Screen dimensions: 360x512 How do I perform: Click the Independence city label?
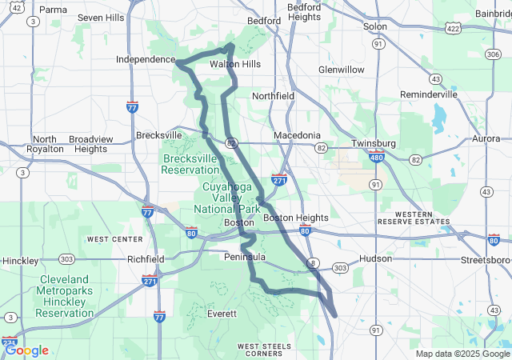(x=145, y=59)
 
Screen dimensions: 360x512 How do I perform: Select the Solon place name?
(x=374, y=26)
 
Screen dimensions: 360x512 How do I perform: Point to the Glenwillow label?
(x=342, y=70)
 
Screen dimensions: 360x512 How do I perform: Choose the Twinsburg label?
(x=374, y=143)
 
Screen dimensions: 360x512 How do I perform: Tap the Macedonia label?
(x=297, y=135)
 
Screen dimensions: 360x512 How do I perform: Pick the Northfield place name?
(x=273, y=96)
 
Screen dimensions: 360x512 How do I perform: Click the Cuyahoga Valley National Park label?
(x=226, y=198)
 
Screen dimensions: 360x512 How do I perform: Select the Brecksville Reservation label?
(x=190, y=164)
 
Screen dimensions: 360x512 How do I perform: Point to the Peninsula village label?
(x=245, y=258)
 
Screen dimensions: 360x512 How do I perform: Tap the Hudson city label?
(x=376, y=259)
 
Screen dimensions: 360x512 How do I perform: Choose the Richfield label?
(x=146, y=259)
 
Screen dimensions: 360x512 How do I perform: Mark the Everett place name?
(x=222, y=314)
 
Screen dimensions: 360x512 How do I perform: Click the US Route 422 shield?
(x=452, y=28)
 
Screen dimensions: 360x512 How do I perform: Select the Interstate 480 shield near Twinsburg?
(x=377, y=158)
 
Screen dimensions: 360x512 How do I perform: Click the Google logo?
(x=26, y=350)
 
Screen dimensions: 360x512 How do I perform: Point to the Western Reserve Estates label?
(x=415, y=218)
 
